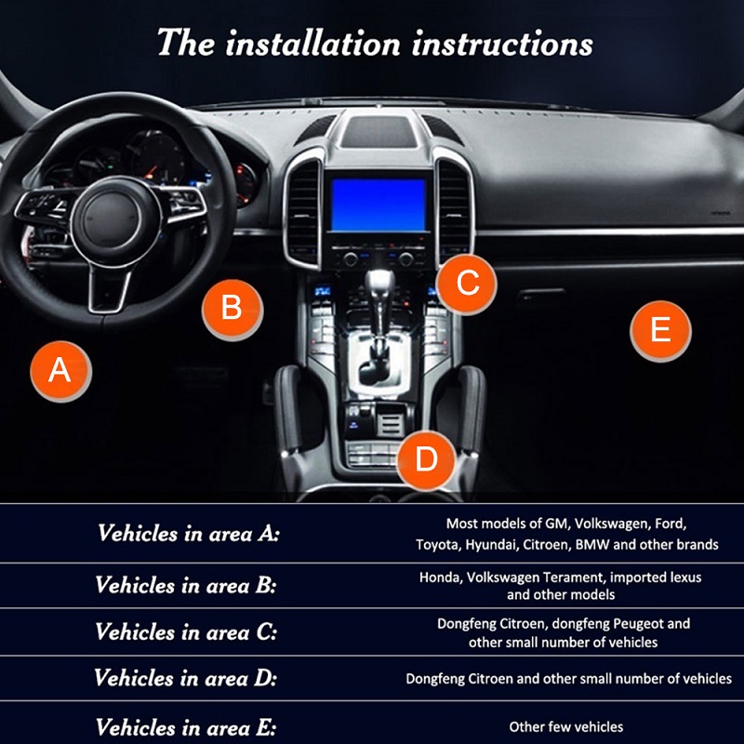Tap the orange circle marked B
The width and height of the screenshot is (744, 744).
(x=232, y=307)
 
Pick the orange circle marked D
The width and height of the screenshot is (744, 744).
(x=426, y=458)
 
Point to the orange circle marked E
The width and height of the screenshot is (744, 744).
(x=660, y=330)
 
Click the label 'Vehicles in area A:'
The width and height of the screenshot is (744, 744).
(x=188, y=534)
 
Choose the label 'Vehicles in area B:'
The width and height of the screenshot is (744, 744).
(x=186, y=585)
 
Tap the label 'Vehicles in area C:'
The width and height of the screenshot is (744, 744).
(x=186, y=631)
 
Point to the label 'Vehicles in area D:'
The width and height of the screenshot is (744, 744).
(x=186, y=678)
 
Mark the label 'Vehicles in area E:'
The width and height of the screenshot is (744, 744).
(x=186, y=726)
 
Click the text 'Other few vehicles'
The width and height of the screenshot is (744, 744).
(x=565, y=726)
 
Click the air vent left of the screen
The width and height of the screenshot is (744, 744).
(x=304, y=214)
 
